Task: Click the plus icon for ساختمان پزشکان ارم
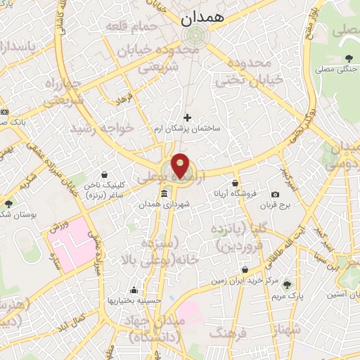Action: pos(187,117)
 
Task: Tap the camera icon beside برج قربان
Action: pos(275,194)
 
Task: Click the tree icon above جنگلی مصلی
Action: pos(349,58)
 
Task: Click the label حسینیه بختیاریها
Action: pos(134,301)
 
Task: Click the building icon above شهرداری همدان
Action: pos(164,193)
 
